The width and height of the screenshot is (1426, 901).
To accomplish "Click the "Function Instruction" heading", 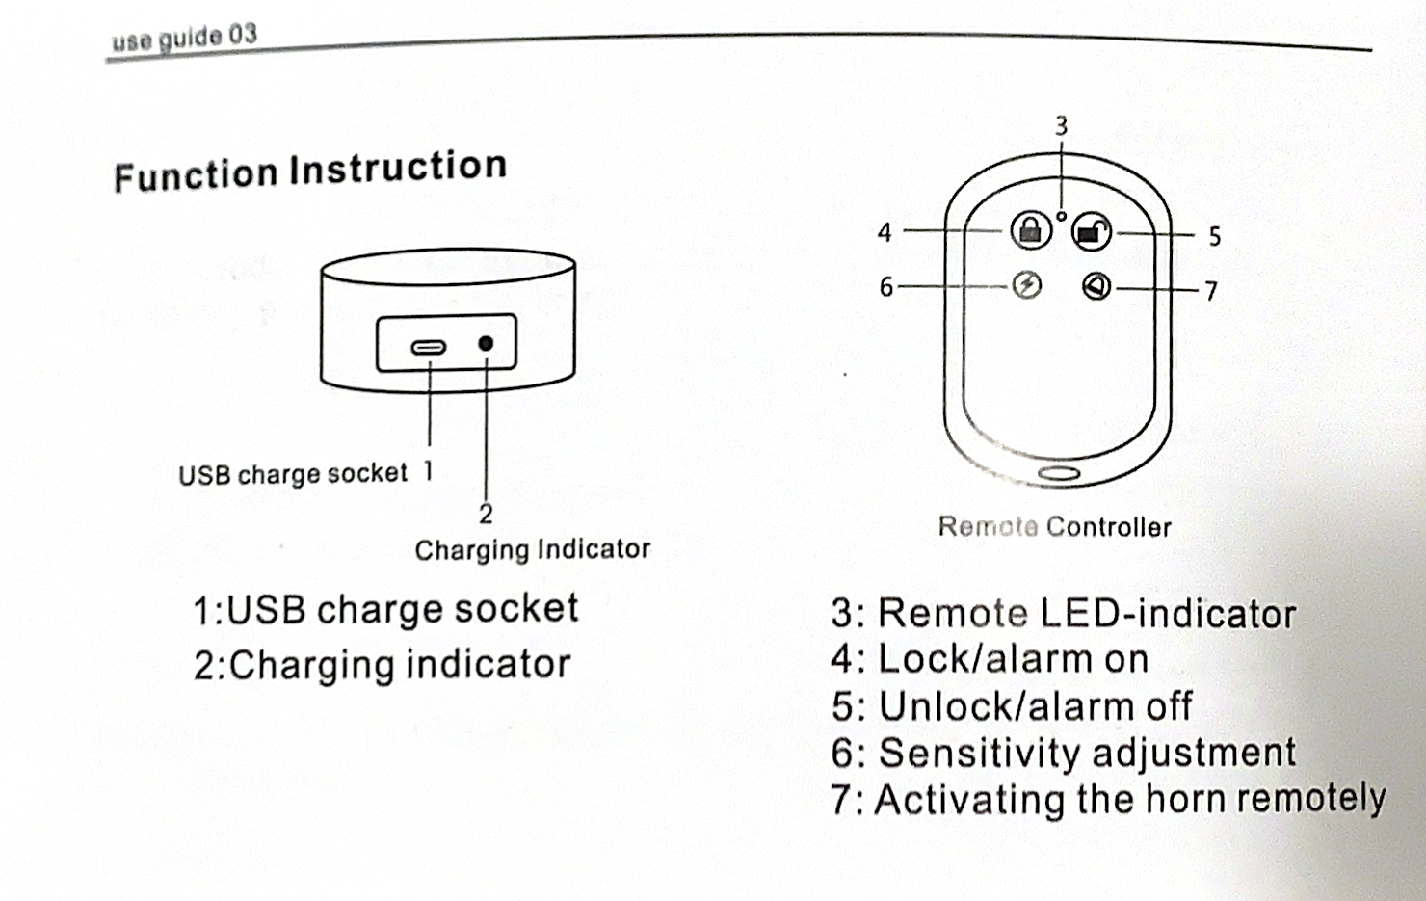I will pos(310,171).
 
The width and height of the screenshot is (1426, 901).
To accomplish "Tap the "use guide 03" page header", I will pos(184,39).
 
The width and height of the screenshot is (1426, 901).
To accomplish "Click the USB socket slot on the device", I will pos(428,347).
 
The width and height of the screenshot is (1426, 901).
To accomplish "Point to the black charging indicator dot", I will pos(486,344).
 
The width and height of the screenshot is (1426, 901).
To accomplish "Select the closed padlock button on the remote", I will pos(1030,230).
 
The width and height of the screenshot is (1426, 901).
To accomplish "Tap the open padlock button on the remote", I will pos(1091,231).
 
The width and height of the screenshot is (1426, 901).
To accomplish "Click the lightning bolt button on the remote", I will pos(1027,285).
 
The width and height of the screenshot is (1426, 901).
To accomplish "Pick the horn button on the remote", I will pos(1096,286).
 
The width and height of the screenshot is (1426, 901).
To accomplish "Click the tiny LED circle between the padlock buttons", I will pos(1061,216).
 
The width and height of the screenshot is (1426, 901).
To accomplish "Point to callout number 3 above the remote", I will pos(1061,126).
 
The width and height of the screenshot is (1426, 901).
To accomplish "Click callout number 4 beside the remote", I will pos(885,232).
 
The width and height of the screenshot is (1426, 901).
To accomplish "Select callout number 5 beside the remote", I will pos(1214,236).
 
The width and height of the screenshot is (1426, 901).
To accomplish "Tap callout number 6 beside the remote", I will pos(885,287).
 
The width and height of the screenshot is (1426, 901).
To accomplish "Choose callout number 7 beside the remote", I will pos(1211,290).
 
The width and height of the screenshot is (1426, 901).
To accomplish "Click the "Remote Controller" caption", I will pos(1054,527).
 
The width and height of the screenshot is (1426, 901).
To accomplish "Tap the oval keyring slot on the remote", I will pos(1058,473).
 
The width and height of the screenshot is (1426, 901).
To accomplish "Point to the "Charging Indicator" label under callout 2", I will pos(532,549).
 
